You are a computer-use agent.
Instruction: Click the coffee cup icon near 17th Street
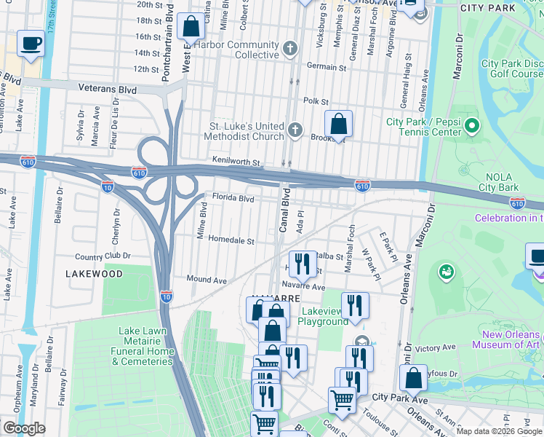[x=31, y=43]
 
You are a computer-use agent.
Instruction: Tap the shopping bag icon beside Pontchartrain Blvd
[x=191, y=26]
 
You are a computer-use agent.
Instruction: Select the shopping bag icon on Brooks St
[x=339, y=123]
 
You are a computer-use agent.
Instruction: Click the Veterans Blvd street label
[x=108, y=87]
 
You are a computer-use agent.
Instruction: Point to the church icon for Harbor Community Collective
[x=290, y=50]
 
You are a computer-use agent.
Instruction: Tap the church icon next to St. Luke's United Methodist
[x=295, y=130]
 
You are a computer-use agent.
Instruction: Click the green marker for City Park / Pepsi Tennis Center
[x=472, y=127]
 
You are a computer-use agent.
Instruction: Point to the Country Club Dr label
[x=103, y=256]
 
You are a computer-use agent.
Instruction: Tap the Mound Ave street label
[x=207, y=279]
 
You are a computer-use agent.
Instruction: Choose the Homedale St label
[x=231, y=240]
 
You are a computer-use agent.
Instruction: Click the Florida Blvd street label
[x=233, y=197]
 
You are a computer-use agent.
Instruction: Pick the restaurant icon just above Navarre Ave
[x=303, y=264]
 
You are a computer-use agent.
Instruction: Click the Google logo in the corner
[x=23, y=428]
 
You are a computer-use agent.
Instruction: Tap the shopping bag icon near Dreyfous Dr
[x=413, y=378]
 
